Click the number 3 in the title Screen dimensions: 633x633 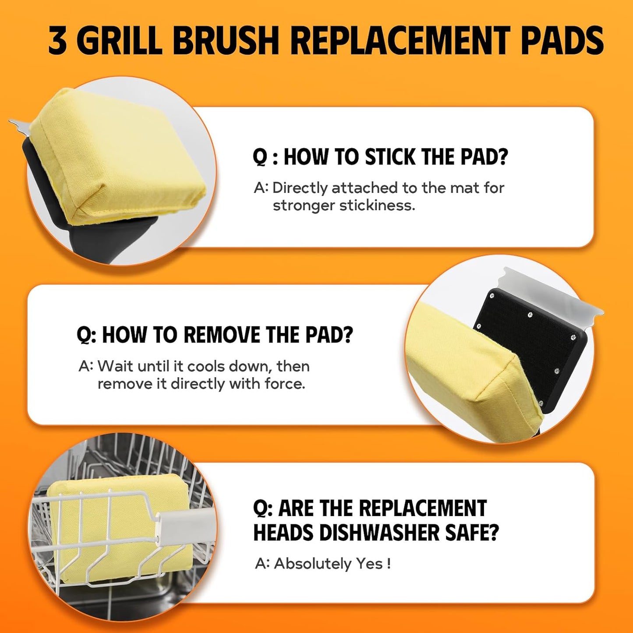coord(57,41)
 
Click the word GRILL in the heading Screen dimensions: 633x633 coord(120,41)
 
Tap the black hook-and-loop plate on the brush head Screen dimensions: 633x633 coord(530,337)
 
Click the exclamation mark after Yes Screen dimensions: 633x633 coord(389,563)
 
